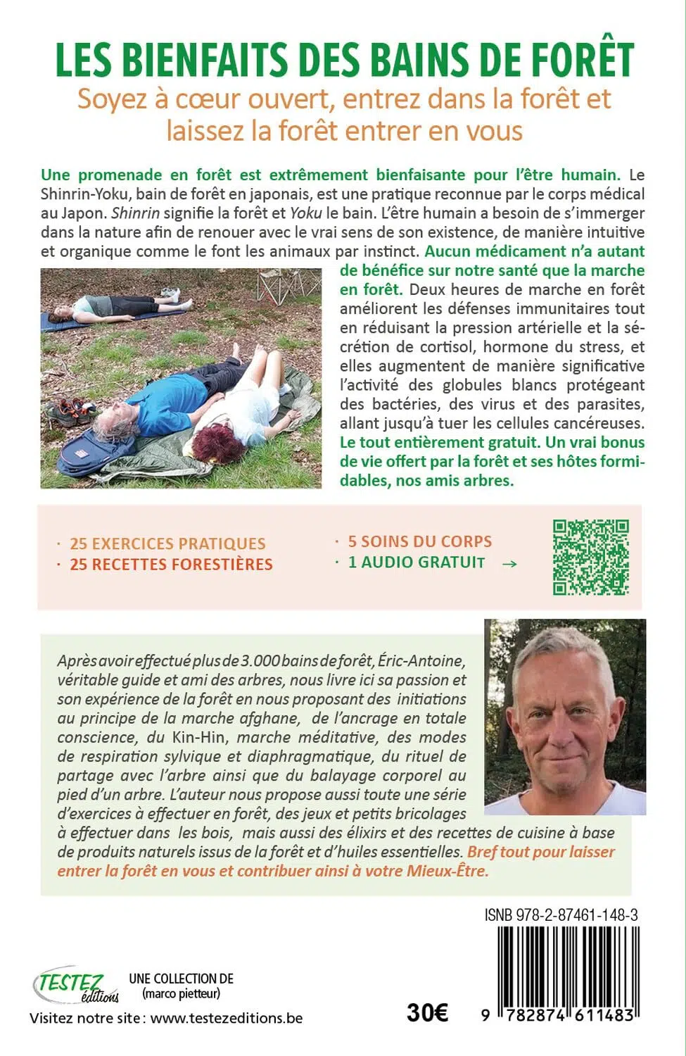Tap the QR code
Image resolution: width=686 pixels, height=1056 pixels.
coord(590,558)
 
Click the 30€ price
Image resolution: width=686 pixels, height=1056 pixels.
coord(427,1012)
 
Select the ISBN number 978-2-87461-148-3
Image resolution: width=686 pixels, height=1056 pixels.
coord(561,914)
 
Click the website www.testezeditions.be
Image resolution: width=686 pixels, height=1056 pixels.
coord(227,1018)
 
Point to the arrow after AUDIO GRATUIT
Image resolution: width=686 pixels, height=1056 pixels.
coord(510,563)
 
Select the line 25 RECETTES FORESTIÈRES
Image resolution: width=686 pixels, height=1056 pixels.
coord(171,564)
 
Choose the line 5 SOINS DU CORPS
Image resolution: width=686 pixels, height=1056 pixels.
coord(419,541)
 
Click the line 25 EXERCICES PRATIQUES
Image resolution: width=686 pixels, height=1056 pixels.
coord(167,543)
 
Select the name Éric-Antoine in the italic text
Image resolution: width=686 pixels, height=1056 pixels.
coord(421,661)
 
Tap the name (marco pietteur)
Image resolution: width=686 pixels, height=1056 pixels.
coord(181,993)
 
